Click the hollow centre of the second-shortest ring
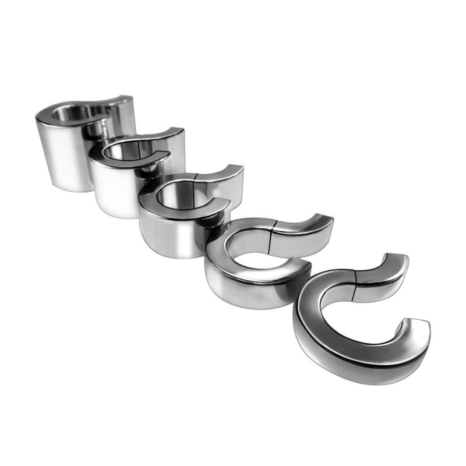pos(256,245)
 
